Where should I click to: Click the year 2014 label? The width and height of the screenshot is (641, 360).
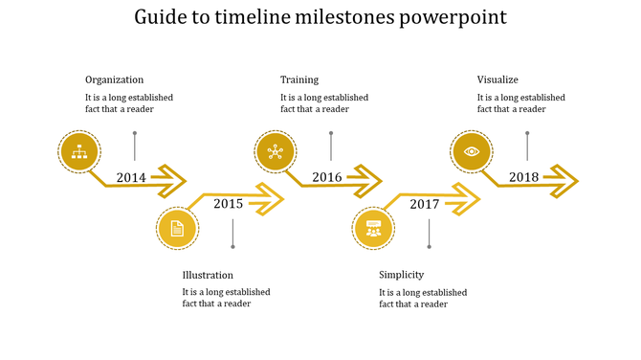click(131, 177)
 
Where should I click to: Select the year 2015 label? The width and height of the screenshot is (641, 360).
click(228, 203)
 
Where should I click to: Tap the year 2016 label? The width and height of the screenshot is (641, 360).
click(327, 177)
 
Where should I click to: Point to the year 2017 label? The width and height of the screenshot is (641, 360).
click(424, 204)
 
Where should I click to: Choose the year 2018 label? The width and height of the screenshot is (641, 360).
click(523, 177)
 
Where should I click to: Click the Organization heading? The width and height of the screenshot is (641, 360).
click(114, 79)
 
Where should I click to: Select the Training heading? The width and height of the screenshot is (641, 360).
click(299, 79)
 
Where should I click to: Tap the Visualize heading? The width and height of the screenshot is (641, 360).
click(497, 79)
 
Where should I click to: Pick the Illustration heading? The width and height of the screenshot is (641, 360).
click(208, 275)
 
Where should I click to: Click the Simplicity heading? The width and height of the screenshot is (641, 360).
click(401, 275)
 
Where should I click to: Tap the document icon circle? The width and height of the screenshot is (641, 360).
click(177, 228)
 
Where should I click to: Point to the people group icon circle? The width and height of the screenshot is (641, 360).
click(373, 228)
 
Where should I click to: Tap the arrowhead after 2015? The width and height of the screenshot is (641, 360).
click(271, 200)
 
